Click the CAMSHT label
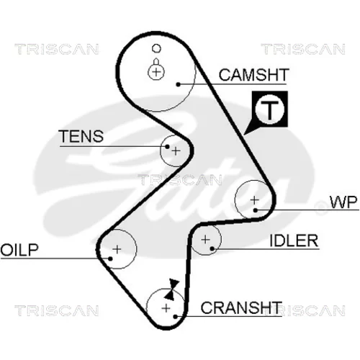coord(253,75)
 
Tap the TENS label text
coord(81,136)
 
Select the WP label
coord(343,202)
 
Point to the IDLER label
coord(294,240)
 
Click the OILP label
coord(19,250)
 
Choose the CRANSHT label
coord(241,307)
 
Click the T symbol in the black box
coord(270,109)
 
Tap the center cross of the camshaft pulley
coord(156,72)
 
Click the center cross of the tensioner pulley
coord(176,151)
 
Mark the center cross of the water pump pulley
coord(254,199)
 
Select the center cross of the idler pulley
coord(205,239)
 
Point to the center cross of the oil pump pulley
coord(117,249)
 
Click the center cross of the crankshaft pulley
coord(166,308)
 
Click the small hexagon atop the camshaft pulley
coord(156,48)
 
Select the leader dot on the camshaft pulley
coord(178,84)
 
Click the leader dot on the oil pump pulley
coord(110,258)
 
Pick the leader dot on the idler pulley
coord(212,248)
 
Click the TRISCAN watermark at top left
coord(57,49)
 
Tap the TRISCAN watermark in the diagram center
coord(180,180)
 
